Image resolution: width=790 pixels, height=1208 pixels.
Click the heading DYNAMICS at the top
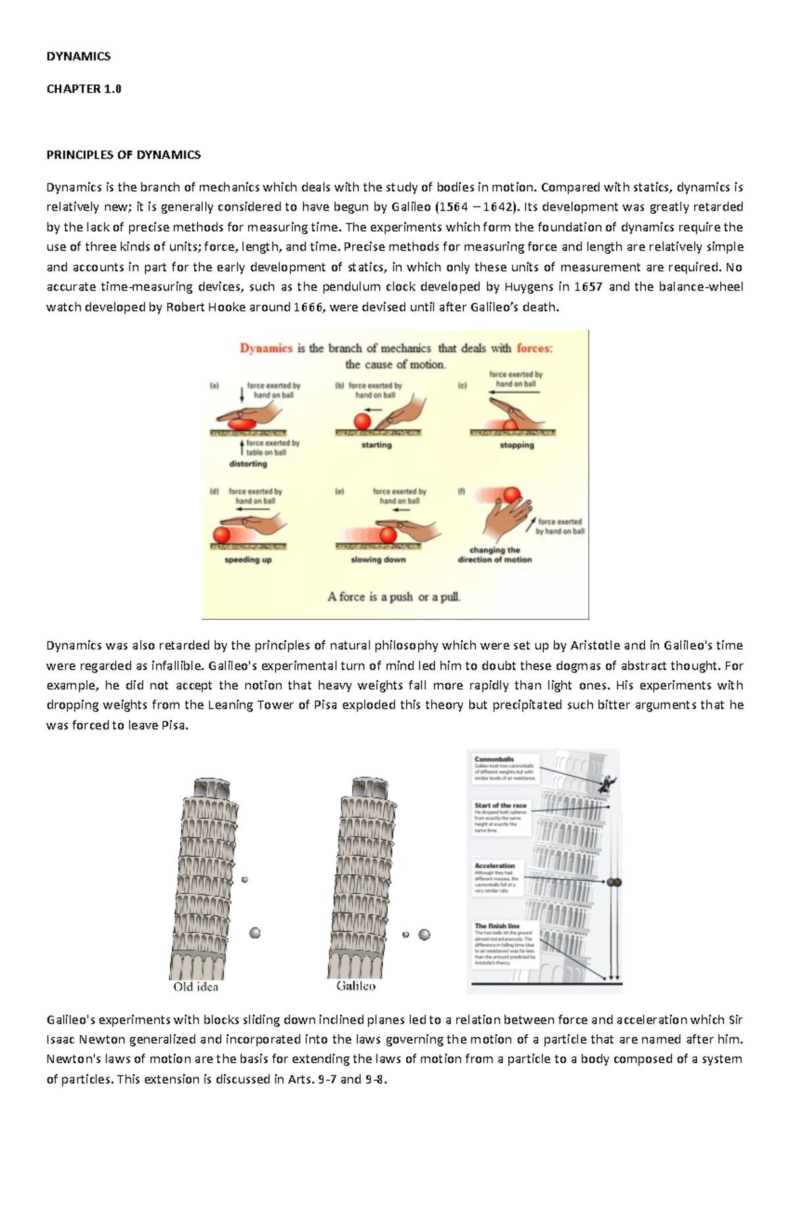(x=78, y=57)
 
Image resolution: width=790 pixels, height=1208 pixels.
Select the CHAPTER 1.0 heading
(x=84, y=89)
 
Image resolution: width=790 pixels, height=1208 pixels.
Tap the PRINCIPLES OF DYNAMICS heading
(x=123, y=155)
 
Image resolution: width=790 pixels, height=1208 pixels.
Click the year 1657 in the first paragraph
(x=588, y=287)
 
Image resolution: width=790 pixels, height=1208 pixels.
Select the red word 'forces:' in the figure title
(x=535, y=348)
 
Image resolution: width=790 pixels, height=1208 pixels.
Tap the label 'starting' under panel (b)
(x=376, y=446)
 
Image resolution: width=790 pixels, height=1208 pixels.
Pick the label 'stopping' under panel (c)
(x=517, y=446)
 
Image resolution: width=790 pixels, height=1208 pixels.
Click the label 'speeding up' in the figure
(x=248, y=560)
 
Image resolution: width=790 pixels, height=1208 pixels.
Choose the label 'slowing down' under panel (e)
(x=378, y=560)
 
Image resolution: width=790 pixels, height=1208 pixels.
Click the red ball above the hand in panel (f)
(x=512, y=494)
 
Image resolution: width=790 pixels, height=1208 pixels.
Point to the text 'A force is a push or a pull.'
(x=394, y=597)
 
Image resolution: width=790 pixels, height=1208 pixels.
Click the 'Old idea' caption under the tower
(x=196, y=987)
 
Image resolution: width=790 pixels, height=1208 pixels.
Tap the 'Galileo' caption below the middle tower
(x=355, y=986)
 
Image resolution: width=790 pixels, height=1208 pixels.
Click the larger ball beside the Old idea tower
(x=255, y=933)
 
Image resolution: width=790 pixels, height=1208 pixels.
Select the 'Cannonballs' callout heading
(x=494, y=759)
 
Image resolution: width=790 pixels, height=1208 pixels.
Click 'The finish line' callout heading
(x=497, y=926)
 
